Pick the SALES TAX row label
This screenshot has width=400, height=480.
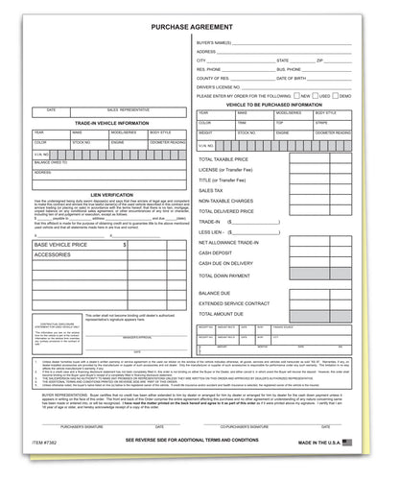(x=211, y=190)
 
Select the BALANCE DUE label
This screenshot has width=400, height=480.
(x=216, y=292)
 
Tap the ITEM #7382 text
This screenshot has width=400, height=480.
(x=43, y=468)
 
